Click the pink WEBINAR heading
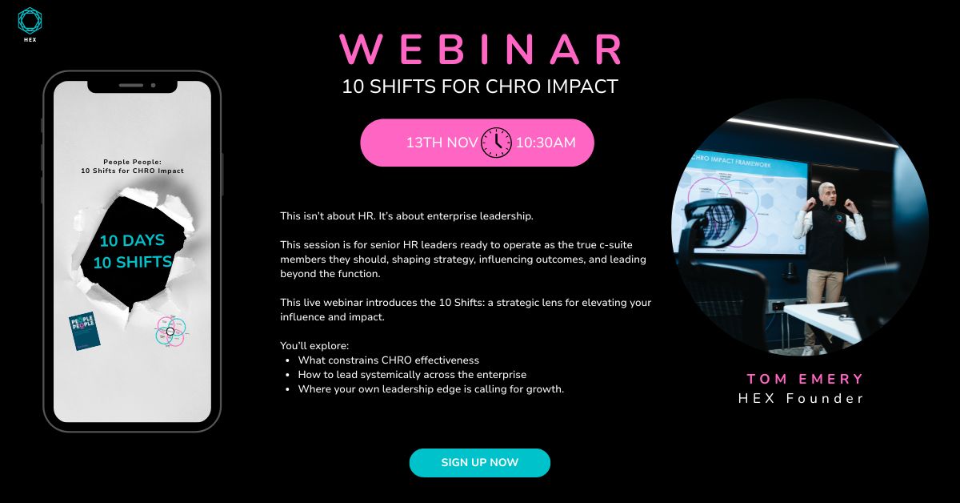point(481,50)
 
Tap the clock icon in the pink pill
point(496,143)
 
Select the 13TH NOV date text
point(442,143)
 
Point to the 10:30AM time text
point(545,143)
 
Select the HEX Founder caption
point(800,398)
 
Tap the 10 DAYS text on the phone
point(132,240)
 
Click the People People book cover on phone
point(83,330)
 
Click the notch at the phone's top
point(132,83)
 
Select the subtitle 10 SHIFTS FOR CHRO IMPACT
point(480,87)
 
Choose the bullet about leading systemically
point(411,374)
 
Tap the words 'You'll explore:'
point(314,346)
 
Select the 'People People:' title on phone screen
point(132,161)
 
